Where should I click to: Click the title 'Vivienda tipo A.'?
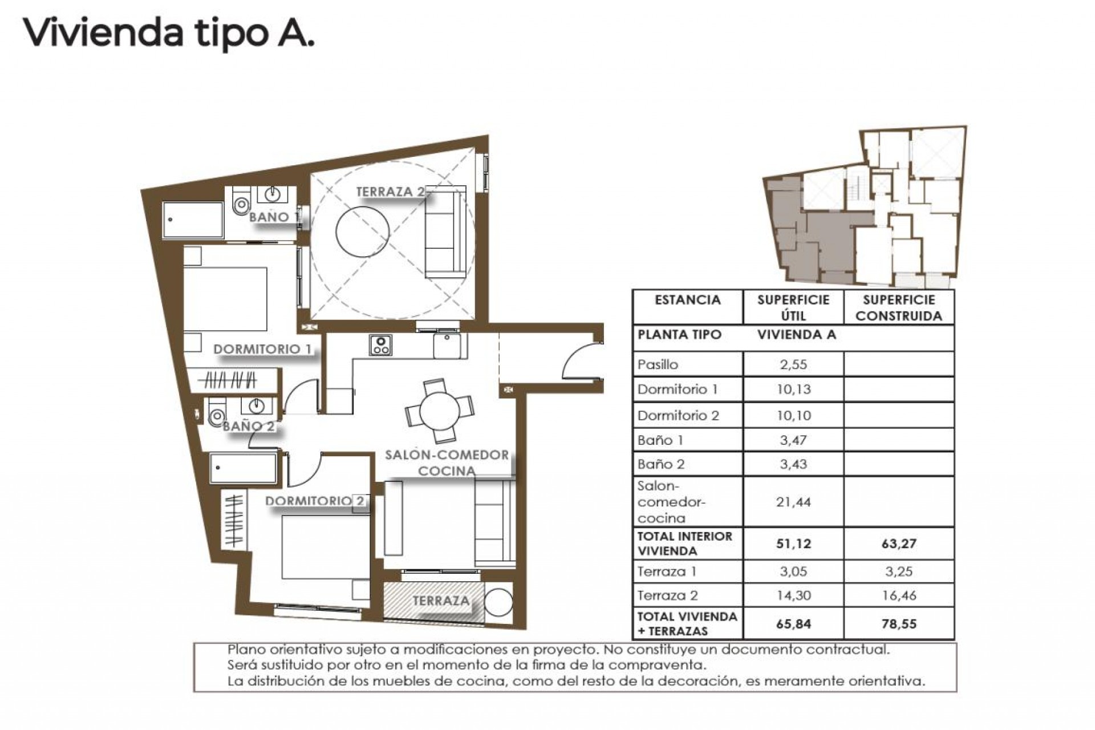(169, 33)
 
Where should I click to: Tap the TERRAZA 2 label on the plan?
(390, 192)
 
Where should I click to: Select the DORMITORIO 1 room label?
(262, 349)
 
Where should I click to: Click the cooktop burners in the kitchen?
(380, 344)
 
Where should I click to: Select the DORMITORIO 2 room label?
(314, 501)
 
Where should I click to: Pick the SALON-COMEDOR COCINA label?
(447, 463)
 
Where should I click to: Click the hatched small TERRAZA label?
(441, 601)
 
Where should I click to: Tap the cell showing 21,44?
(793, 502)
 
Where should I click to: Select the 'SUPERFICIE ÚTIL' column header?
(793, 307)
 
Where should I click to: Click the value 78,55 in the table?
(898, 623)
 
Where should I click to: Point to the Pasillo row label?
(658, 364)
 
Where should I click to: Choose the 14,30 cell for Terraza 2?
(793, 595)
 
